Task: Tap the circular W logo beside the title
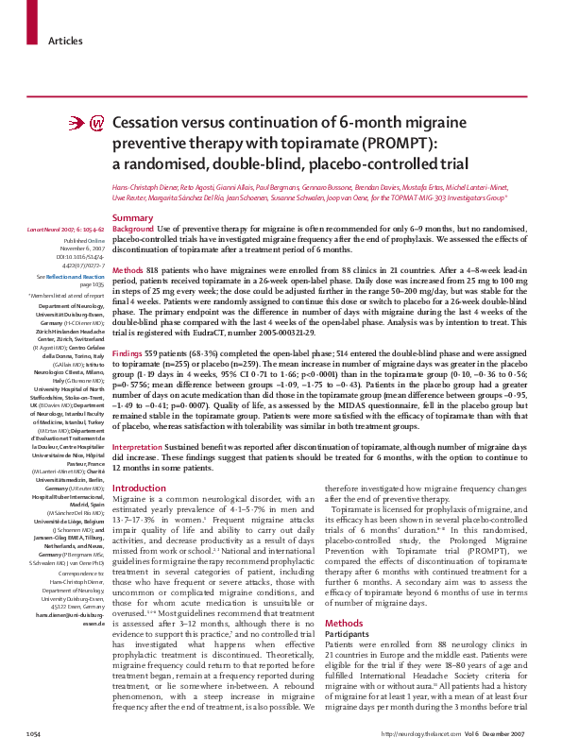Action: [96, 124]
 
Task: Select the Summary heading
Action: [133, 218]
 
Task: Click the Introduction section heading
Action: [139, 489]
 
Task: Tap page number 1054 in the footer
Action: [33, 733]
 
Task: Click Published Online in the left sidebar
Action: [82, 241]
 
